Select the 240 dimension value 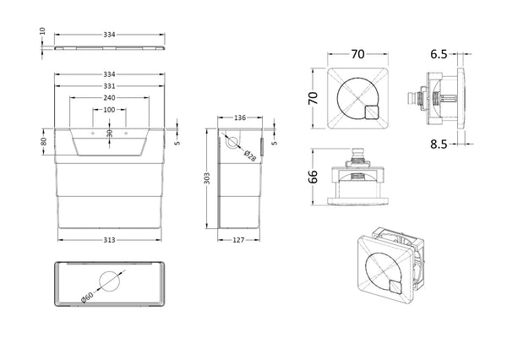(x=110, y=98)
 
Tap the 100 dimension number (x=110, y=110)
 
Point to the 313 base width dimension (x=110, y=239)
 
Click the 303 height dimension (x=207, y=178)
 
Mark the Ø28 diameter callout (x=250, y=155)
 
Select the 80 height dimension (x=42, y=142)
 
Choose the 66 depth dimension (x=313, y=177)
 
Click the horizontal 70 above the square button (x=357, y=54)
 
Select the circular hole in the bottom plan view (x=110, y=283)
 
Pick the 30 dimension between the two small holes (x=110, y=133)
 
